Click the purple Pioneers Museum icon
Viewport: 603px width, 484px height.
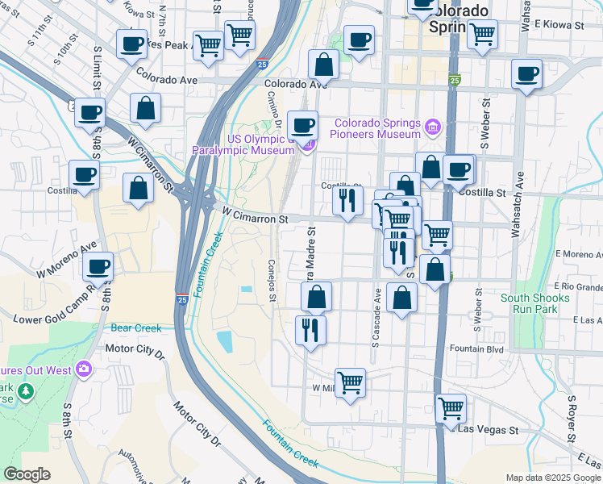click(434, 127)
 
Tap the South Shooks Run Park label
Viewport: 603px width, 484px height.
click(534, 303)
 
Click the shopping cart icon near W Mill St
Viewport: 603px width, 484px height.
click(350, 382)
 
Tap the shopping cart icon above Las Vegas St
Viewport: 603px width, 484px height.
click(451, 407)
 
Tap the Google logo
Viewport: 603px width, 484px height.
click(27, 474)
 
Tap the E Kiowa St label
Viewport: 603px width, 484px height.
click(561, 26)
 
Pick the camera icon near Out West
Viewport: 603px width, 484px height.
click(84, 369)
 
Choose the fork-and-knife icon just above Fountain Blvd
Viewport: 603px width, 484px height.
click(310, 329)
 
